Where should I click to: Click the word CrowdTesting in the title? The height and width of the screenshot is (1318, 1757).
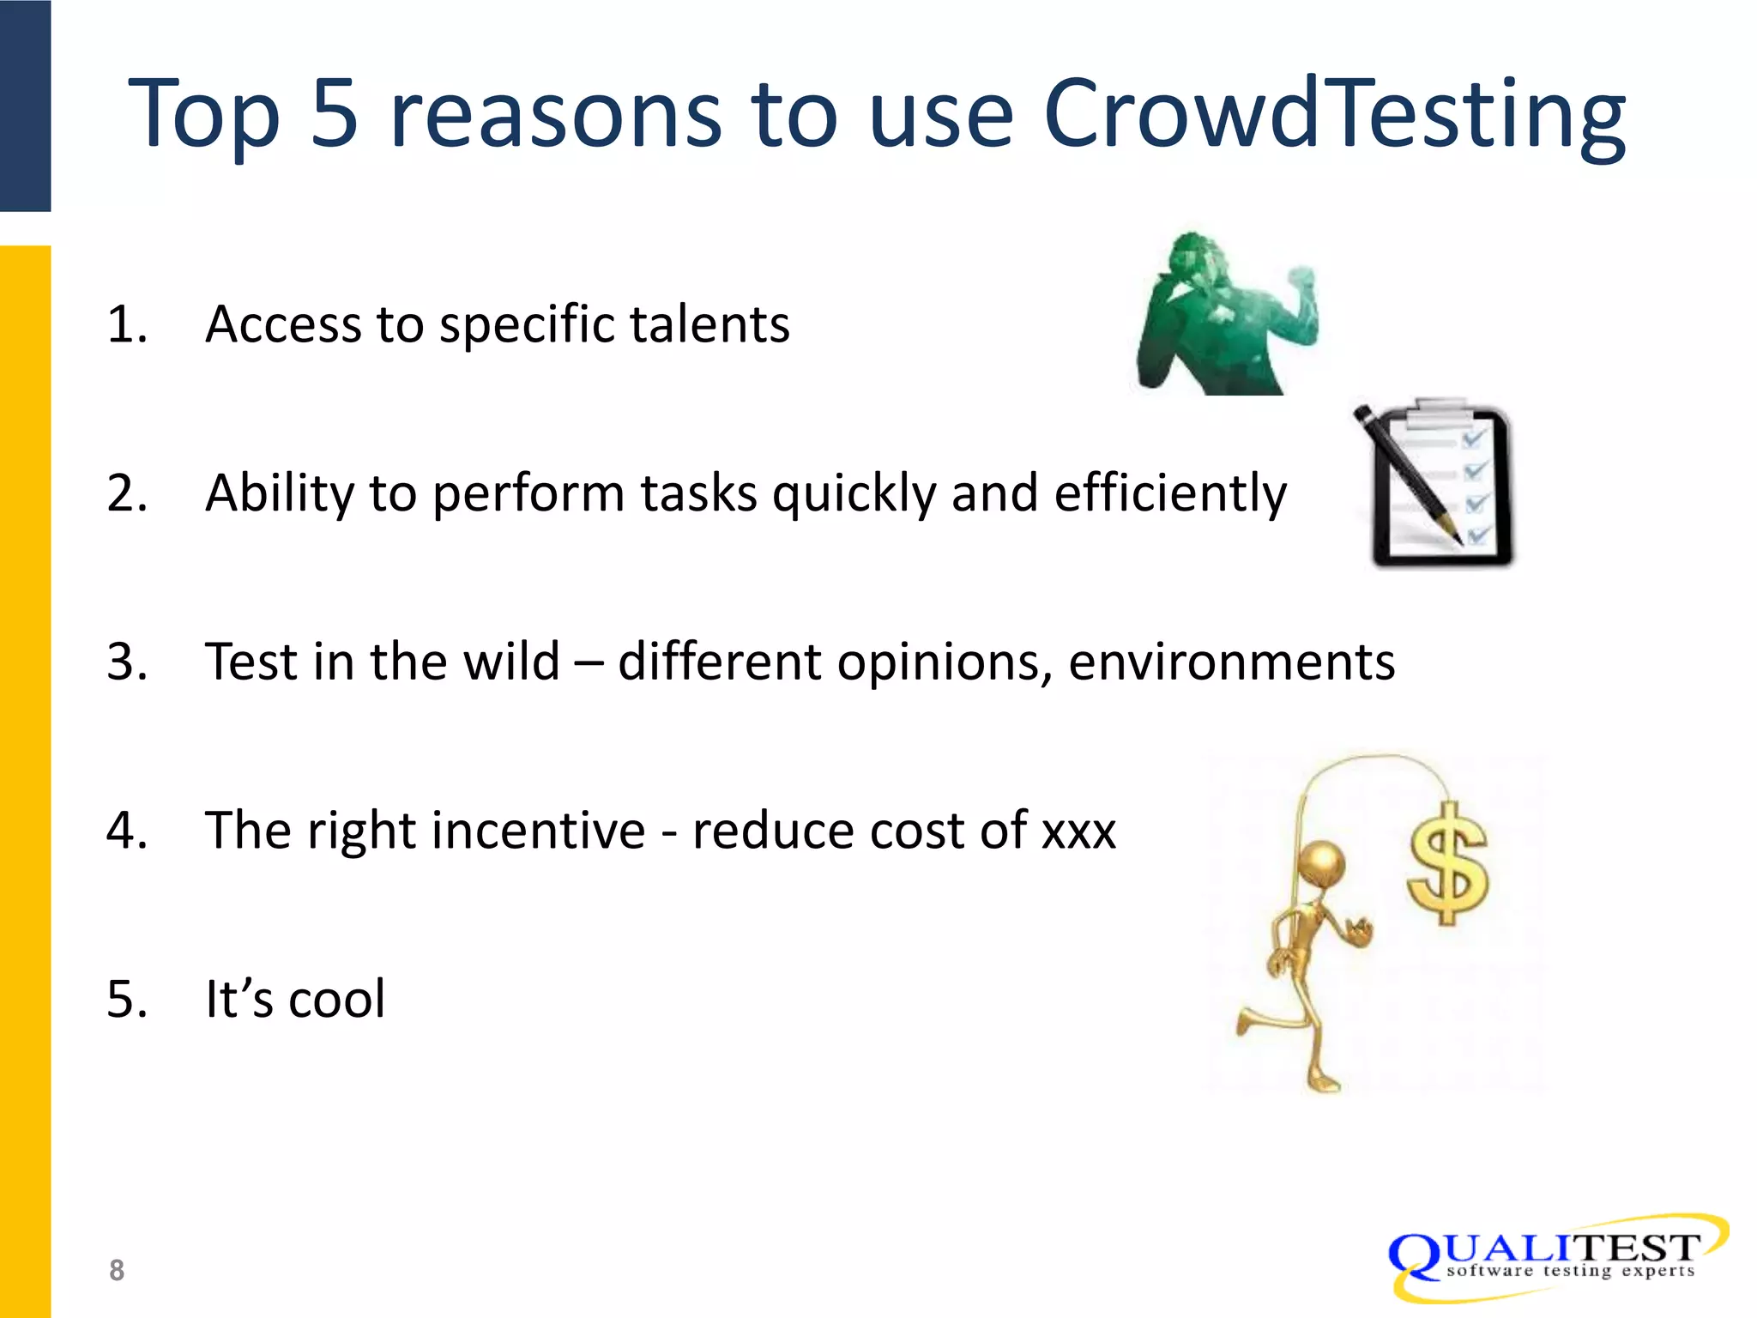coord(1334,114)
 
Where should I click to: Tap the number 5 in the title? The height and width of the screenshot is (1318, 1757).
coord(334,114)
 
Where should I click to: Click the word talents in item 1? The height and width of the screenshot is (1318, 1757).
coord(709,325)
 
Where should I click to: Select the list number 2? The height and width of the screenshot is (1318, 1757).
coord(127,493)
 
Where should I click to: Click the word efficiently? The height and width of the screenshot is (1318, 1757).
coord(1170,493)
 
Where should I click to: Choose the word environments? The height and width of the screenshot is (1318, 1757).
coord(1231,662)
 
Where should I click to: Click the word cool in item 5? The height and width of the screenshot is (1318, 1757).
coord(337,1000)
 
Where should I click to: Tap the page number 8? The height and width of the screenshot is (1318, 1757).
coord(117,1270)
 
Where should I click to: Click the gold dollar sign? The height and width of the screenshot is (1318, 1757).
coord(1448,865)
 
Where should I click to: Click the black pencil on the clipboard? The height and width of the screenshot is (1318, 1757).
coord(1407,476)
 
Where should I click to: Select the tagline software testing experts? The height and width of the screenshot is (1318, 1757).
coord(1570,1272)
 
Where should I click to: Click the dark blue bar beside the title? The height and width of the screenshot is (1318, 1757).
coord(25,105)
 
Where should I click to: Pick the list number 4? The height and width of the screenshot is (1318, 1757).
coord(127,831)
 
